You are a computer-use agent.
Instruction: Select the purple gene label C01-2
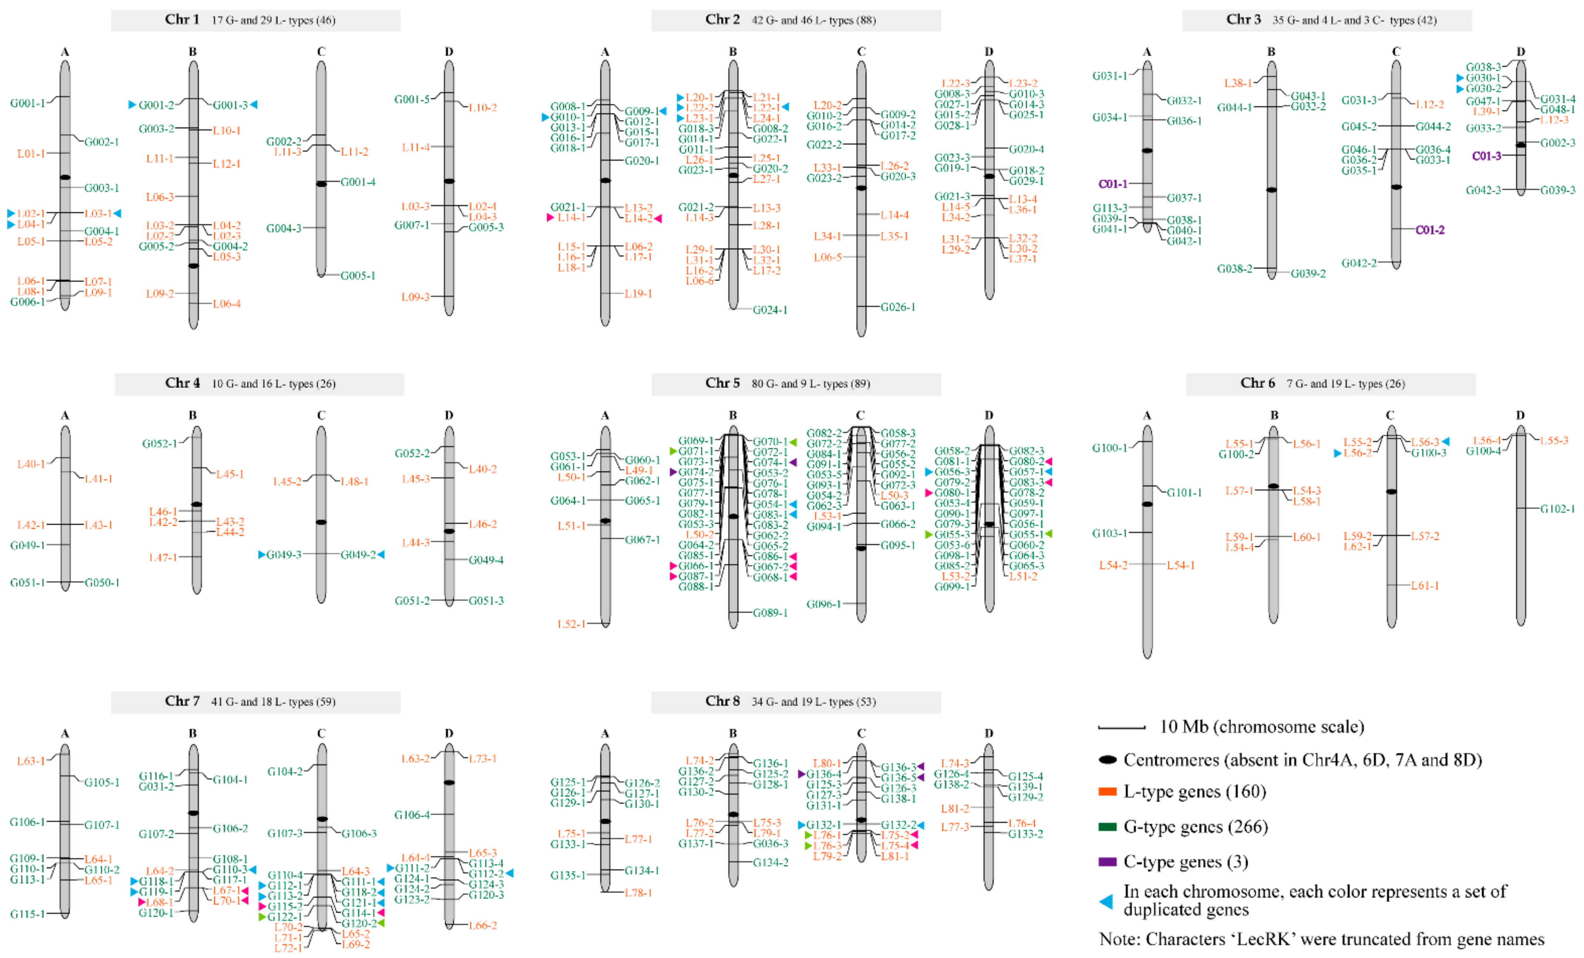[1430, 230]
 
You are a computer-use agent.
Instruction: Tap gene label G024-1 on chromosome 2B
[770, 310]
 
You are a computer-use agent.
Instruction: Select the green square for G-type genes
[1107, 827]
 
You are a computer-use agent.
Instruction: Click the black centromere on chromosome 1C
[322, 184]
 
